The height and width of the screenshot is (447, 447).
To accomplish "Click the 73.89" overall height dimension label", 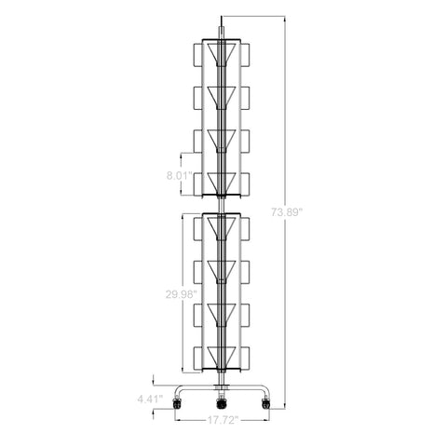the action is click(x=287, y=212).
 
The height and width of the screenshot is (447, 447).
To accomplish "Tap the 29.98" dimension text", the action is click(x=182, y=294).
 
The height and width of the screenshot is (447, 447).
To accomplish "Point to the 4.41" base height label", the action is click(x=150, y=400).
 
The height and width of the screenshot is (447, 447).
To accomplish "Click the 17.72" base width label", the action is click(x=223, y=420).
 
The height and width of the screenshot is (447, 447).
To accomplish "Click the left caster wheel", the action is click(x=177, y=404).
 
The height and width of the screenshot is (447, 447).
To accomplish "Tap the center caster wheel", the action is click(x=221, y=404).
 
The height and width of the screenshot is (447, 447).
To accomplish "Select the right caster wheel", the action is click(x=265, y=404).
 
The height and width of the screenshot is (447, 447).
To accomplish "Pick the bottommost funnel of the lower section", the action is click(x=222, y=358).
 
